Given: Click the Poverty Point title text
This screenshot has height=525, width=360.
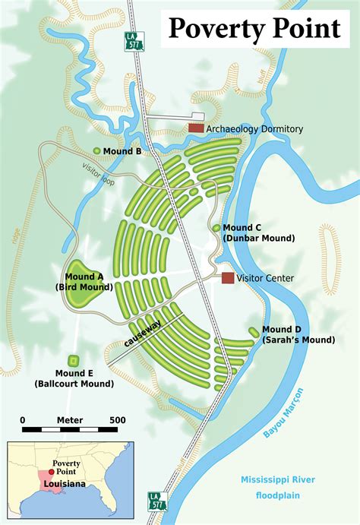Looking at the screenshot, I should tap(254, 28).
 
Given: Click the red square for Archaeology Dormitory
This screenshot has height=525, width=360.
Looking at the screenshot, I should tap(196, 128).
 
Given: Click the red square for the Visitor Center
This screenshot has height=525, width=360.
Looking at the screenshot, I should tap(228, 278).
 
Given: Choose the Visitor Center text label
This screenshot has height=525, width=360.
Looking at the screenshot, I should tap(265, 278).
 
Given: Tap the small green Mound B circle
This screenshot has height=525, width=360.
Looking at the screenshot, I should tap(96, 151).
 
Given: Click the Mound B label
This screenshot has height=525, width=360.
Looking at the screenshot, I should tap(123, 151).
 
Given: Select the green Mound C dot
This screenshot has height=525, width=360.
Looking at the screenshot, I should tap(216, 227).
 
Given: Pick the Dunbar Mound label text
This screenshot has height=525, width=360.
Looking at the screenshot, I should tap(258, 238).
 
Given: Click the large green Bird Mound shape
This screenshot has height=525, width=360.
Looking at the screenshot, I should tap(86, 292).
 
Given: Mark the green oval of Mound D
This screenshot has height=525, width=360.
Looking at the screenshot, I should tap(253, 330).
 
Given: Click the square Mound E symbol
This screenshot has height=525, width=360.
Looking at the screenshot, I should tap(74, 360).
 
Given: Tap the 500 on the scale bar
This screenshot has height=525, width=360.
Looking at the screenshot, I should tap(117, 420).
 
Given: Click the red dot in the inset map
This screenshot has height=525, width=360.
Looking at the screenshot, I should tap(50, 472).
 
